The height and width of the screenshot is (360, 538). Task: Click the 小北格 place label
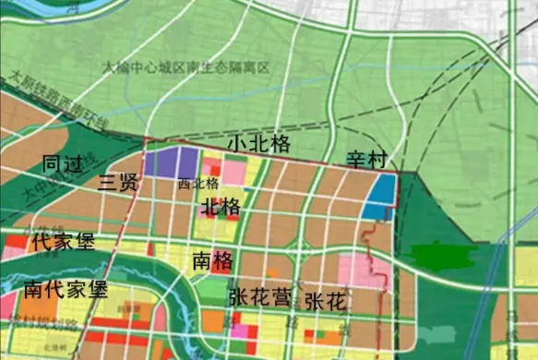[261, 144]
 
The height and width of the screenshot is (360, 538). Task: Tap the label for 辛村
[365, 159]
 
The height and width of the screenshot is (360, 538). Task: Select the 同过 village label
[65, 164]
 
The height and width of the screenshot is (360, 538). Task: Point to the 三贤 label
[117, 182]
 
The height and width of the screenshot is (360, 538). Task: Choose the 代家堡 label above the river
[62, 244]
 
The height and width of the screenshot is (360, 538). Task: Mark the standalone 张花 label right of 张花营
[325, 301]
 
